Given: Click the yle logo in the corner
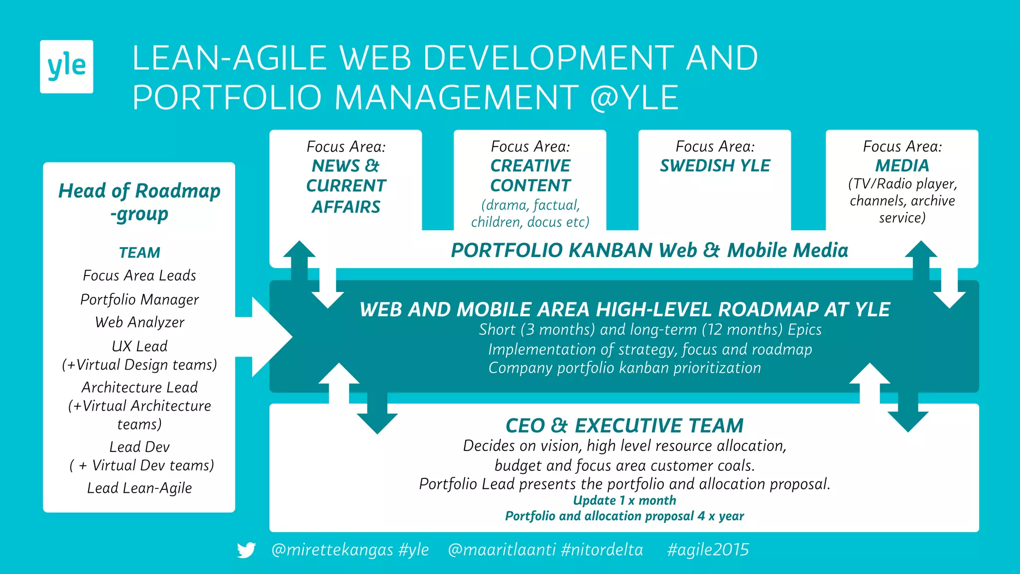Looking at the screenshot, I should tap(66, 66).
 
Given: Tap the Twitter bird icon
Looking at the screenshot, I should tap(246, 550).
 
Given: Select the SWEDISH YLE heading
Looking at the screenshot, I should tap(715, 165).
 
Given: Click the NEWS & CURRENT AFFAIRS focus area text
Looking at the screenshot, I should tap(346, 186).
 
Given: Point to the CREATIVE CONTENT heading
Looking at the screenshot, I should tap(530, 175).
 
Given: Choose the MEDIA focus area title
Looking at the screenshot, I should tap(902, 165).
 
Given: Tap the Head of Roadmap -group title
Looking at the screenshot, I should tap(139, 202).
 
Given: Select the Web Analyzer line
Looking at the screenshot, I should tap(139, 322).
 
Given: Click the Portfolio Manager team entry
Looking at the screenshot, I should tap(139, 299).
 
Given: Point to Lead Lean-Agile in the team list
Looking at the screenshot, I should tap(139, 488).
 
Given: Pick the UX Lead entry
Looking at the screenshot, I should tap(139, 346).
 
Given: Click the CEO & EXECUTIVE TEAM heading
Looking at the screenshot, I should tap(624, 426).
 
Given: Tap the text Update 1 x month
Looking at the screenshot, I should tap(624, 500).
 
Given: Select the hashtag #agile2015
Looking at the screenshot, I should tap(708, 550).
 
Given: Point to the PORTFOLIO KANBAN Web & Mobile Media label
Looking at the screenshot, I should tap(649, 250).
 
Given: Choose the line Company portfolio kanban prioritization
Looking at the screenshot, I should tap(625, 368).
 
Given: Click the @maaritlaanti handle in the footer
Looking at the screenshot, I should tap(502, 550).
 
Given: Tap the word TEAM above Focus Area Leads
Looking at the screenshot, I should tap(139, 253).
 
